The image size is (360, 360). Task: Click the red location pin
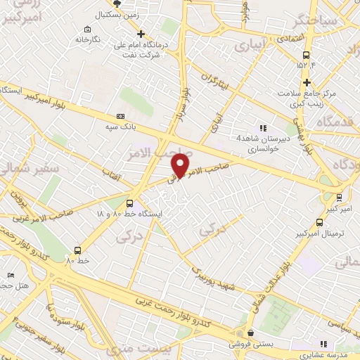[181, 165]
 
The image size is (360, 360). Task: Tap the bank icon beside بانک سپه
[120, 116]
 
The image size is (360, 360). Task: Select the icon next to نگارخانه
[86, 29]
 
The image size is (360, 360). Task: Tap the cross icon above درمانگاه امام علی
[141, 33]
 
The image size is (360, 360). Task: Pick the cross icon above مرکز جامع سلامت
[307, 82]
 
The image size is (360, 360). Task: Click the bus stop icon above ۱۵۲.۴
[307, 56]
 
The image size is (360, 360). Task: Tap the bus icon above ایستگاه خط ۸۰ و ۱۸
[129, 203]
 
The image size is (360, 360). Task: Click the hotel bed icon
[10, 274]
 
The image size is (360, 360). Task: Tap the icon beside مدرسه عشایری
[324, 344]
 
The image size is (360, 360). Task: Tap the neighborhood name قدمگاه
[328, 122]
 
